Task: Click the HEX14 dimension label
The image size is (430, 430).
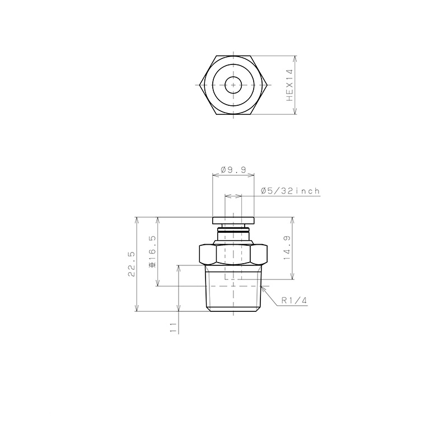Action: point(289,85)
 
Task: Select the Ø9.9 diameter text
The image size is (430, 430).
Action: point(233,169)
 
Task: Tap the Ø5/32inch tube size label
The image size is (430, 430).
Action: point(290,191)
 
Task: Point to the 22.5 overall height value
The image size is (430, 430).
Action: point(132,264)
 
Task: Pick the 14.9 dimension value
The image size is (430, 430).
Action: point(286,249)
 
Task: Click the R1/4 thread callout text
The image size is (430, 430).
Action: point(295,301)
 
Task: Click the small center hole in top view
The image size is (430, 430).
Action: point(233,85)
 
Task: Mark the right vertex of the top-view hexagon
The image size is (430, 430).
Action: point(267,85)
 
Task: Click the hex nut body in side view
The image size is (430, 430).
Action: point(233,255)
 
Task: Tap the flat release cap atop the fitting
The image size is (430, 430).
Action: point(233,220)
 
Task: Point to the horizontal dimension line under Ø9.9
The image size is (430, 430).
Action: point(233,175)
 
